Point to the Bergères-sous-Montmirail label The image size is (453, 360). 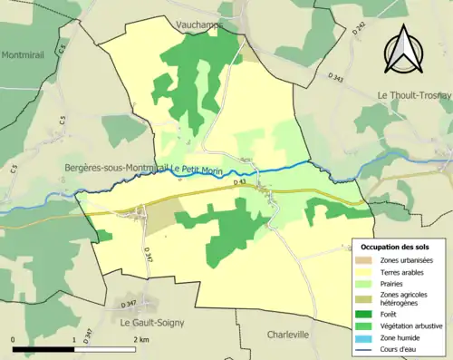click(x=115, y=169)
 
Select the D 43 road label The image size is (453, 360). click(x=240, y=182)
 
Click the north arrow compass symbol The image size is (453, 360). click(x=401, y=50)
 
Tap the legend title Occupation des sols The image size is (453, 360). click(x=395, y=247)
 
